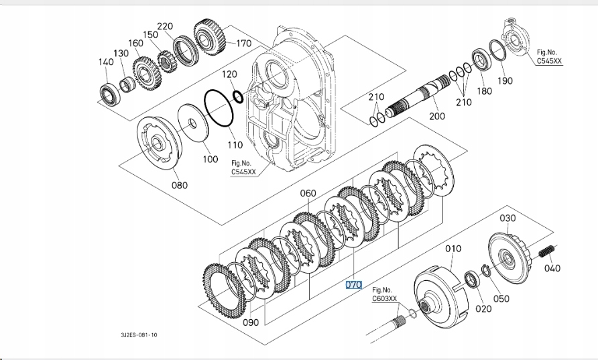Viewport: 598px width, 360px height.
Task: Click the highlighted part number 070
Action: pos(353,285)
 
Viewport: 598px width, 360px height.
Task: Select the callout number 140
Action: pos(106,62)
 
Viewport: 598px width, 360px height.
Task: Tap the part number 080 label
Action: pos(179,185)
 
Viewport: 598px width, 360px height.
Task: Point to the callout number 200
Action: pos(436,116)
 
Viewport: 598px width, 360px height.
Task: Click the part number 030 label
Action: pos(507,218)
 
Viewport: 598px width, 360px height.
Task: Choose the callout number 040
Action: pos(552,268)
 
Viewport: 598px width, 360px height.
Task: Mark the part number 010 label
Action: pos(454,249)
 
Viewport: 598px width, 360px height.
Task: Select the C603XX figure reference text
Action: pos(385,298)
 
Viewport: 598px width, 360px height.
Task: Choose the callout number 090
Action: pos(250,322)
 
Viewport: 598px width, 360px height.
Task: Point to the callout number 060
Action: pos(308,194)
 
